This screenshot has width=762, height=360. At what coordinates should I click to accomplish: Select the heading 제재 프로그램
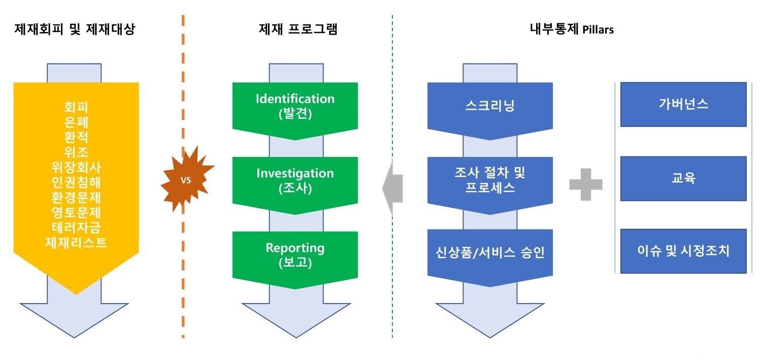coord(298,29)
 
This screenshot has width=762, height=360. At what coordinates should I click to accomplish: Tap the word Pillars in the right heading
coord(598,30)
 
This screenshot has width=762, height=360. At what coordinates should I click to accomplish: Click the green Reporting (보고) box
coord(295,255)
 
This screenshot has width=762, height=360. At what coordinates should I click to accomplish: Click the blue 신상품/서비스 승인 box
coord(490,252)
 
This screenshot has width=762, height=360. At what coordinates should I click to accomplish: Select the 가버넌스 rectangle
coord(683,104)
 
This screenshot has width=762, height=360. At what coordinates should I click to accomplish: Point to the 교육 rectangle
coord(683,178)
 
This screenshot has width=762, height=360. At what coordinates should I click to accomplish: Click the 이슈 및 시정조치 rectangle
coord(683,251)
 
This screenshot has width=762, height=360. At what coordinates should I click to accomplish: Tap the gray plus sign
coord(585,184)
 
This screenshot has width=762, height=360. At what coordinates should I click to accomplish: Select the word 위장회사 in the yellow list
coord(76,168)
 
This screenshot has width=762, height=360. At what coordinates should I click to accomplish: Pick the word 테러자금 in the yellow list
coord(76,227)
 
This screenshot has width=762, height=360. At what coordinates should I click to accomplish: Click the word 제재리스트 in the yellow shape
coord(76,242)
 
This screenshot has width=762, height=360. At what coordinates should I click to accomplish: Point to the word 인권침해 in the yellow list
coord(76,182)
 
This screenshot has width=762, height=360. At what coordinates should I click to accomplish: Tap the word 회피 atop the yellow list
coord(76,107)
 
